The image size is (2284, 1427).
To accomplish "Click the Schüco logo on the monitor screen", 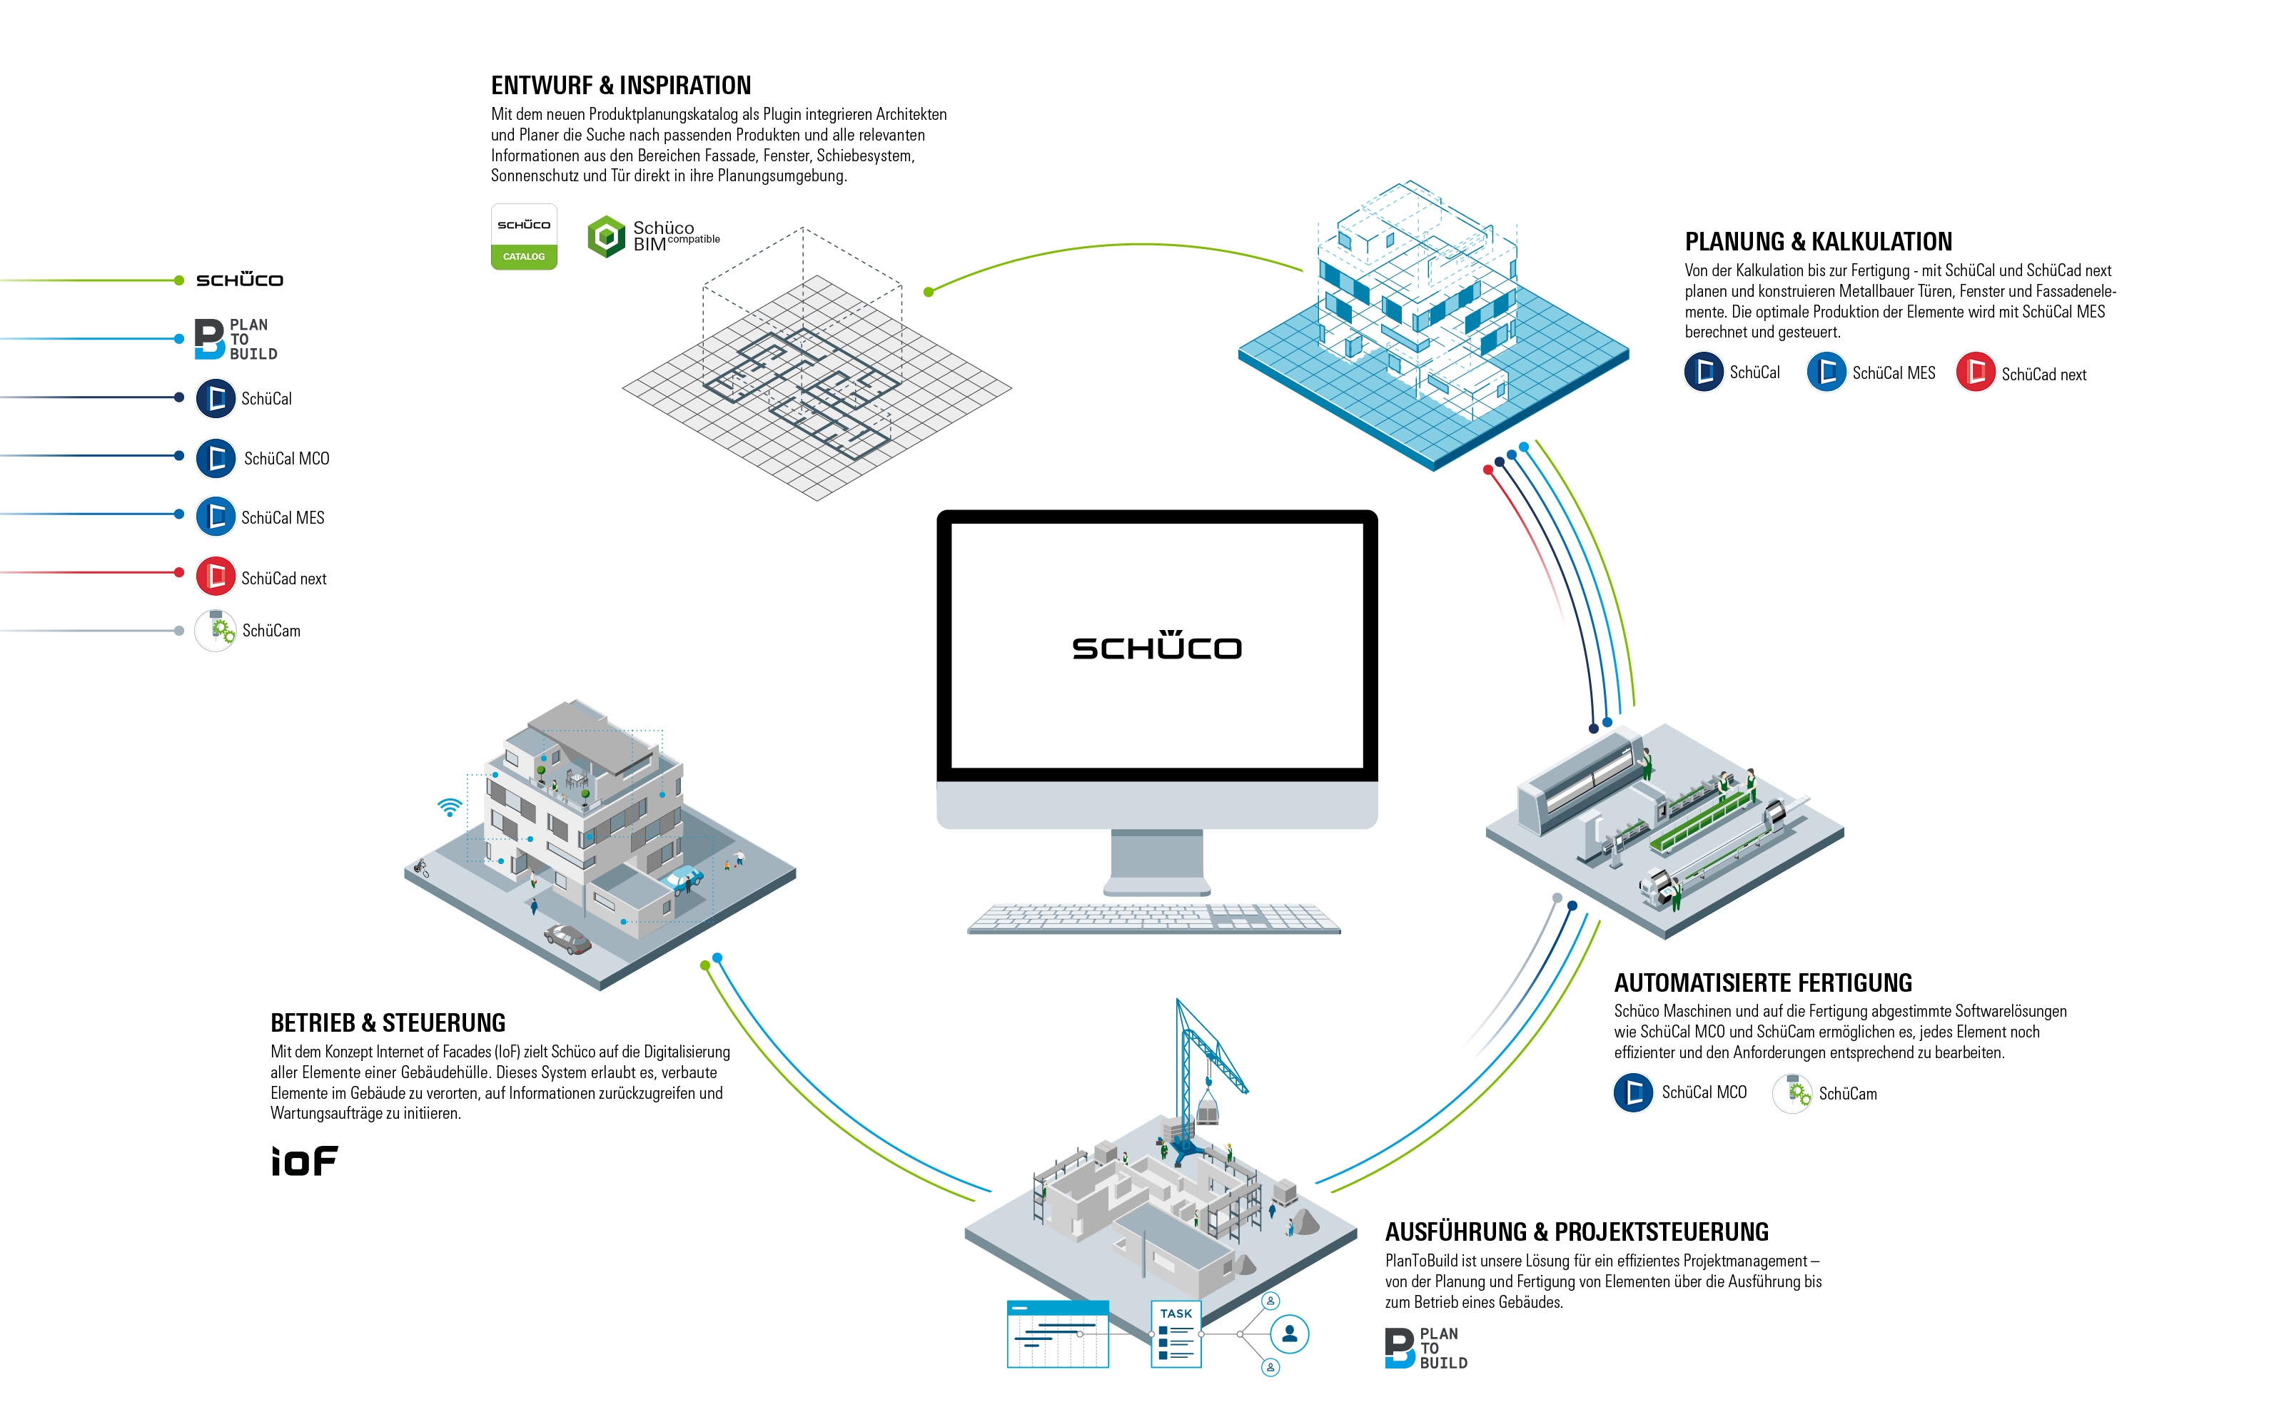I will coord(1156,646).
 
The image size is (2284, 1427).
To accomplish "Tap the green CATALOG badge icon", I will coord(524,238).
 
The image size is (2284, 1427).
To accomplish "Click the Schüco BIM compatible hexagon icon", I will coord(606,236).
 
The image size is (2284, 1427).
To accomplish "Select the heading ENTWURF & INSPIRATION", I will coord(620,86).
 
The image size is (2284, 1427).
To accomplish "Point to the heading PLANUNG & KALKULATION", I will coord(1818,242).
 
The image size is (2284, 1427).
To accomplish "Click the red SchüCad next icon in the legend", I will coord(215,577).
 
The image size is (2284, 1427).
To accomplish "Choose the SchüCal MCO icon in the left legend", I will coord(215,458).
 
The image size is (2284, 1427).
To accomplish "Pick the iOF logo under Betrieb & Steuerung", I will coord(304,1161).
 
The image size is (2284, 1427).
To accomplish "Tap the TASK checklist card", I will coord(1176,1334).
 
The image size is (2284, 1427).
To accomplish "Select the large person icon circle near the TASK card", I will coord(1289,1334).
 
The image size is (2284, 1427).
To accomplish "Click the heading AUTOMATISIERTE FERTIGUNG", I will coord(1762,982).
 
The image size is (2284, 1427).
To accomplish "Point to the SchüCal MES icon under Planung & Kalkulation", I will coord(1826,372).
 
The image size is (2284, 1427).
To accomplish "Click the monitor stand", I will coord(1157,860).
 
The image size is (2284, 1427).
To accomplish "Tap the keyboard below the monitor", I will coord(1153,918).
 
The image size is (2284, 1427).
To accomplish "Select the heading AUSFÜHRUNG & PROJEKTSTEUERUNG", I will coord(1576,1232).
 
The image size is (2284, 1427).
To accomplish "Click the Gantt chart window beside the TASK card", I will coord(1058,1334).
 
